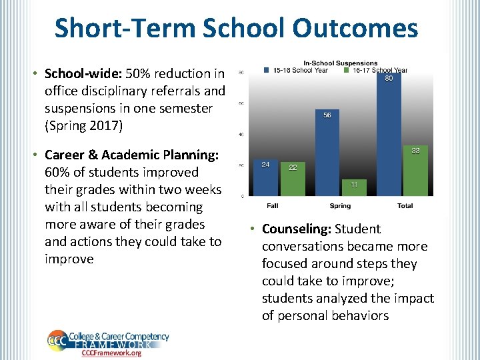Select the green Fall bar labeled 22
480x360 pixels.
(x=293, y=179)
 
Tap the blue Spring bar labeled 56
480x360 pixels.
(x=327, y=153)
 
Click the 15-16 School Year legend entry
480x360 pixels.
(x=296, y=70)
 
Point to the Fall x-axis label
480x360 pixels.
(x=273, y=206)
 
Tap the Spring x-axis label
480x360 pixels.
(x=340, y=206)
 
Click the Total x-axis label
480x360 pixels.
(x=405, y=206)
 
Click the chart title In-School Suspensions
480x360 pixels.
(x=340, y=63)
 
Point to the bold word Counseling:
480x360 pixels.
(x=297, y=229)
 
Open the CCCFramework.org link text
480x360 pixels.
(x=111, y=353)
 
